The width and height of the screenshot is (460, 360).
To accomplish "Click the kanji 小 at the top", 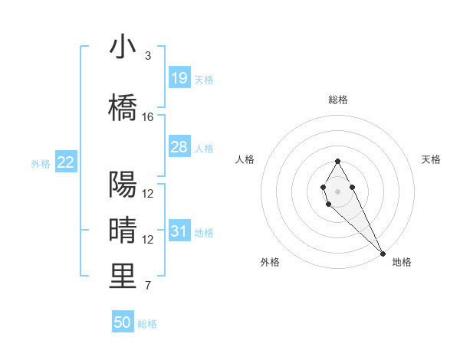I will [x=123, y=47].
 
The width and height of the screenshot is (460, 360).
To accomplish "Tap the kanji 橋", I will [x=123, y=108].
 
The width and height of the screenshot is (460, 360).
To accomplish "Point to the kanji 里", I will [x=123, y=277].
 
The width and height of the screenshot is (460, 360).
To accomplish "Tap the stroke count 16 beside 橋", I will [x=148, y=117].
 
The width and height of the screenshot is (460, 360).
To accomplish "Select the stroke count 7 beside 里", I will [x=147, y=286].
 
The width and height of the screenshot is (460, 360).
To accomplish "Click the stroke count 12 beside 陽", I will [x=148, y=194].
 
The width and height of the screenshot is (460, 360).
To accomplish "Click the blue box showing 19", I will [x=179, y=77].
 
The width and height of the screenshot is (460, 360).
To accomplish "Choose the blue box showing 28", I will [x=179, y=147].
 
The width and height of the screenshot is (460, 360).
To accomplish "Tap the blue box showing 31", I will [x=179, y=231].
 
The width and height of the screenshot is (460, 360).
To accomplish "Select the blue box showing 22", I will [x=66, y=162].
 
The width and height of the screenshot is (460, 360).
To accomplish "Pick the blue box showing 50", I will [x=123, y=322].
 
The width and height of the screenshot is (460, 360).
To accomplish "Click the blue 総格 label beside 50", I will [x=148, y=324].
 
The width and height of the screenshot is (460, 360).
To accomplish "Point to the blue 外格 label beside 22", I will [x=41, y=163].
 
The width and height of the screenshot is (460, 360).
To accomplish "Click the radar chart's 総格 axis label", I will [x=337, y=100].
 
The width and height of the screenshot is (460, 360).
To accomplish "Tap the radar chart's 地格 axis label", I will [x=402, y=263].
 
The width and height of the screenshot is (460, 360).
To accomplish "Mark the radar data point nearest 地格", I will [x=383, y=253].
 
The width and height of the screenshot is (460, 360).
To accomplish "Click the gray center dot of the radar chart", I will [x=337, y=190].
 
